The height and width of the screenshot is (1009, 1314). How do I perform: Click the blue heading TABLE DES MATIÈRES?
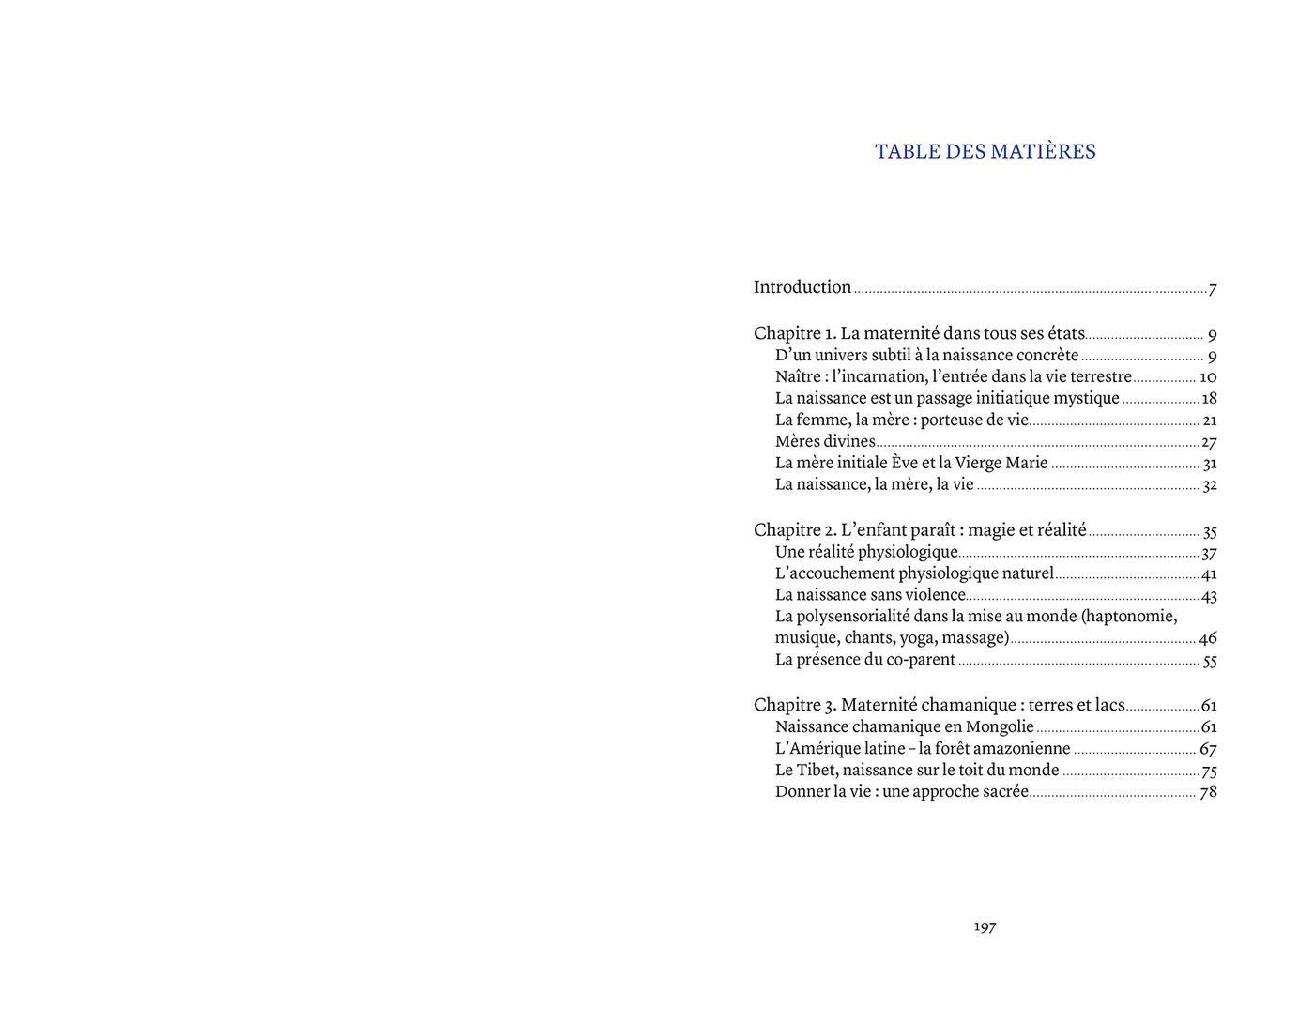(985, 152)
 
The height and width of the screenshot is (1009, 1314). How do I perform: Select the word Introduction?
(802, 287)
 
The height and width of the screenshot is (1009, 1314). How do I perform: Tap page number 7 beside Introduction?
(1213, 289)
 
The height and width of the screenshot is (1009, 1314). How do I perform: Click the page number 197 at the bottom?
(985, 926)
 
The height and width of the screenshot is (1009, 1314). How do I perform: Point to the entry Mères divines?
(825, 441)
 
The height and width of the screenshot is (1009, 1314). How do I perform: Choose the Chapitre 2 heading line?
(920, 530)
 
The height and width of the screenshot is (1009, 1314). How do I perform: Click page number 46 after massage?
(1208, 638)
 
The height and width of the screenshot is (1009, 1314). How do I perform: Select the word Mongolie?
(1000, 726)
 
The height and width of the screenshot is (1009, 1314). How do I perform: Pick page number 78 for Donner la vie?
(1208, 791)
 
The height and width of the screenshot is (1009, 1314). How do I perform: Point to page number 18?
(1209, 398)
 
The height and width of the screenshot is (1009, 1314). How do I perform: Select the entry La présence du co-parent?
(864, 660)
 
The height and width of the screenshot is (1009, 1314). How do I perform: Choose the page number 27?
(1209, 442)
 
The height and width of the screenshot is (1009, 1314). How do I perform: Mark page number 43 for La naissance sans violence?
(1209, 595)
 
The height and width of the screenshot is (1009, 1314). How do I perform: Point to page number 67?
(1208, 749)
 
